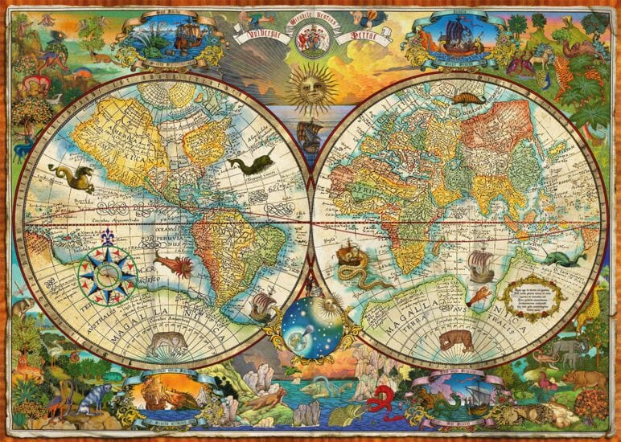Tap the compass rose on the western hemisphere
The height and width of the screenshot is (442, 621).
pyautogui.click(x=106, y=274)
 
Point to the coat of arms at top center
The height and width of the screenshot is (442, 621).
pyautogui.click(x=310, y=36)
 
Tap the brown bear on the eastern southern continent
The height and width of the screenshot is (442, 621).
pyautogui.click(x=455, y=340)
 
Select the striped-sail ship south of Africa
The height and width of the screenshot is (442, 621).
pyautogui.click(x=479, y=265)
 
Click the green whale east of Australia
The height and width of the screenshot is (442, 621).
pyautogui.click(x=561, y=259)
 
